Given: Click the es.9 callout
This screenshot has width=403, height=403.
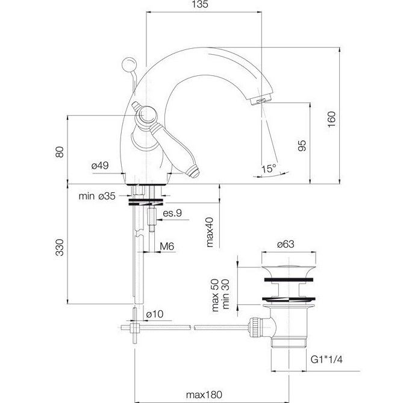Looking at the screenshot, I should point(173,214).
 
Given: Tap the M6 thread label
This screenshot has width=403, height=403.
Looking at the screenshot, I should point(167,247).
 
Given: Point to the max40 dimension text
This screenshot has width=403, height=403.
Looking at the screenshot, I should point(210,233).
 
